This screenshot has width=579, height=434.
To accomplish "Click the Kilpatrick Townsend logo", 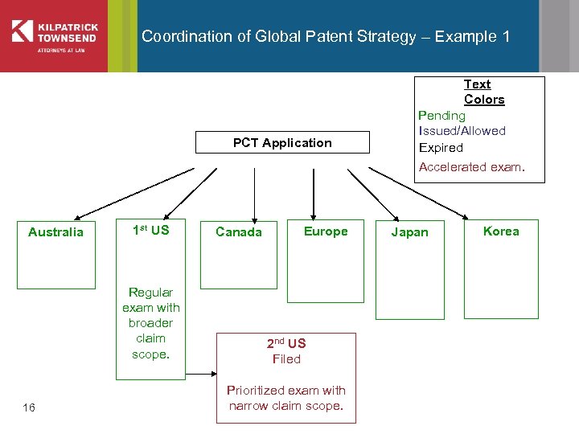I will point(54,35).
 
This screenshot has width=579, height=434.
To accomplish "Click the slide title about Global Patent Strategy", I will point(325,36).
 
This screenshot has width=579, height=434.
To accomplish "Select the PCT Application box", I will point(282,143).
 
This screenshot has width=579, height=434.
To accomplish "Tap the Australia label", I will point(55,232).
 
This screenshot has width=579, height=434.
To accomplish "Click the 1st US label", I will point(150,231).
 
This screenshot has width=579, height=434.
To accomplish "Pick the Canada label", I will point(239,232).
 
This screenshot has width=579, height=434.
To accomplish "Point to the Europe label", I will point(326,231).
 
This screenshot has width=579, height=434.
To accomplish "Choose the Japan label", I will point(409,232).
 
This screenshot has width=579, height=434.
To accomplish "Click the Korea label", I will point(501,231).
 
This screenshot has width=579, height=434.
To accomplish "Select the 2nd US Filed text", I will point(286,351).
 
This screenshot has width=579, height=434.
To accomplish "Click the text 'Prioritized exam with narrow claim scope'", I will point(286,398).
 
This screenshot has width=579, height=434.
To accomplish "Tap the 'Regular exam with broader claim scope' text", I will point(150,322).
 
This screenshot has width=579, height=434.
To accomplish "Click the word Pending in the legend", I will point(441,116).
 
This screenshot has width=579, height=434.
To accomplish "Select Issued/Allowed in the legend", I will point(462,131).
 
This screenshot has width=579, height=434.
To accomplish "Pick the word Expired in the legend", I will point(441,148).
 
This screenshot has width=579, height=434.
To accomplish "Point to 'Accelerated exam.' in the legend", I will point(471,167).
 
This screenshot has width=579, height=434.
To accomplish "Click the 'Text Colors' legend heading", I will point(484,92).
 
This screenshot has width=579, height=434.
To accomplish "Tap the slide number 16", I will point(29,408).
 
